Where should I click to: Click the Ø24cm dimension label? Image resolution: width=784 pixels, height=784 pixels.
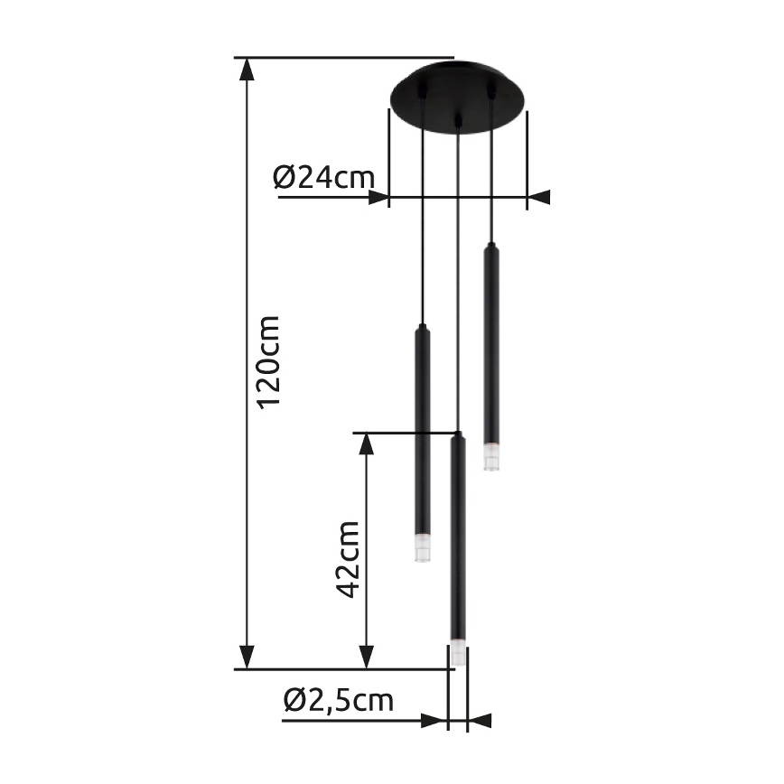coord(323,176)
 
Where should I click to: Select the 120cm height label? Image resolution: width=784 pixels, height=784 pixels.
coord(268,361)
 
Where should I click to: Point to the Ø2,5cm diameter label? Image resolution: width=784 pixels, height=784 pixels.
coord(338,700)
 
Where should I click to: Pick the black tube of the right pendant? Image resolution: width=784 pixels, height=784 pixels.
coord(491,343)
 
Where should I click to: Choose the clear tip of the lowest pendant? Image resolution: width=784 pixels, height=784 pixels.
coord(458,655)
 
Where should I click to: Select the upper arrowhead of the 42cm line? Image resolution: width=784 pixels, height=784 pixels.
coord(366,443)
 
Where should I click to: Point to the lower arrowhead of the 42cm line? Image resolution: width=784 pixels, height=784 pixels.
coord(366,658)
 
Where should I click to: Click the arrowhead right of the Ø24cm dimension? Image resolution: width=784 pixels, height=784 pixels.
coord(538,197)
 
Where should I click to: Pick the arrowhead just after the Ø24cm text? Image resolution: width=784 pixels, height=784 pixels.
coord(378,197)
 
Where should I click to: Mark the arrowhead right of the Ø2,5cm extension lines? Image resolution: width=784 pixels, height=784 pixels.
coord(479,721)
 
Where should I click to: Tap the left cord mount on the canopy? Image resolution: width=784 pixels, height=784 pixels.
coord(422,91)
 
